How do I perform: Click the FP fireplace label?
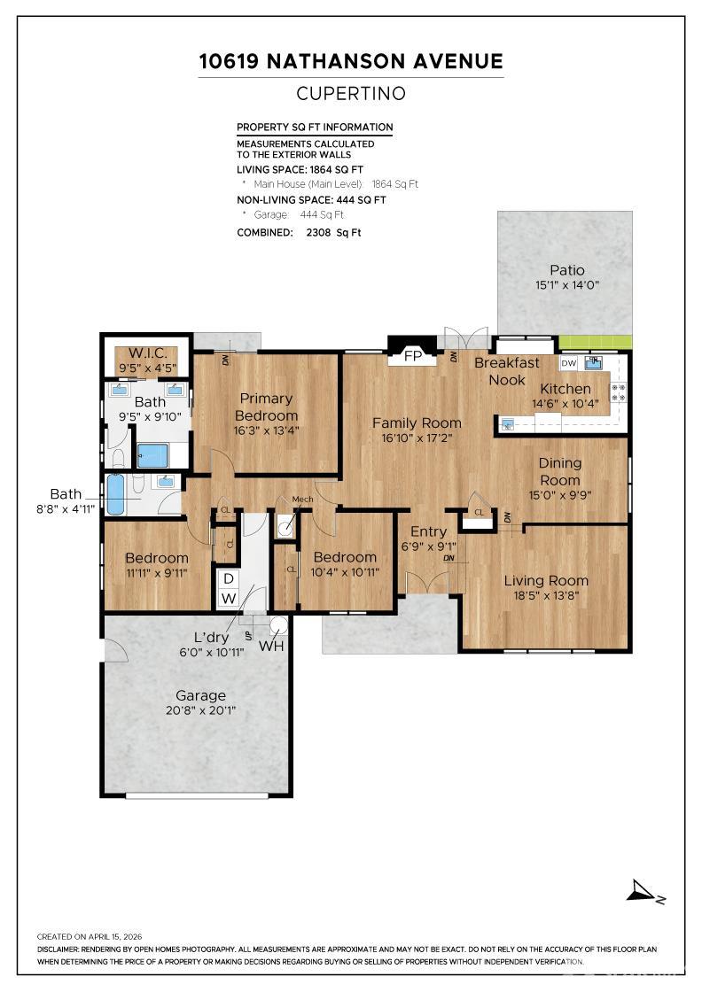[412, 357]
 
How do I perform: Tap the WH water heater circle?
[279, 625]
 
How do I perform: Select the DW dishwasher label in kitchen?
[569, 362]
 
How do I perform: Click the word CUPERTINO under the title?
[351, 93]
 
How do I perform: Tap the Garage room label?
[200, 695]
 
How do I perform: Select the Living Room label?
[546, 581]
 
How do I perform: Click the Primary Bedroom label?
[268, 407]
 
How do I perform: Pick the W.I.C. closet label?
[147, 353]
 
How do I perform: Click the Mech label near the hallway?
[302, 500]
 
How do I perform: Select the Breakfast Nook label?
[507, 371]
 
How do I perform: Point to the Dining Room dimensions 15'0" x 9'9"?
[560, 495]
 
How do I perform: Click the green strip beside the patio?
[596, 342]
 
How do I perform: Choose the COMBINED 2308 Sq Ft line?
[299, 233]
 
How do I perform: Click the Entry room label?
[428, 531]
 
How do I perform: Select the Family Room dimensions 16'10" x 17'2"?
[417, 438]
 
